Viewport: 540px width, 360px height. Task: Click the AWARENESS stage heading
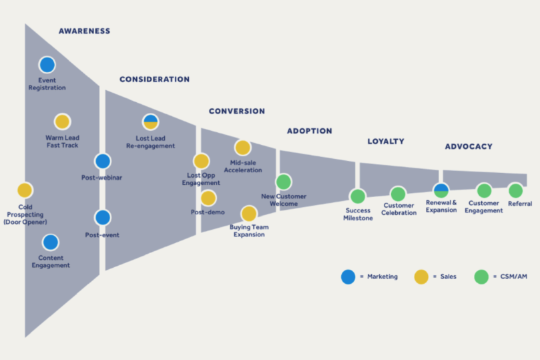point(84,31)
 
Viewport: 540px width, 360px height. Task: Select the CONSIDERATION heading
point(154,79)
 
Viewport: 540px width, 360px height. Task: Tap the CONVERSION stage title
point(236,111)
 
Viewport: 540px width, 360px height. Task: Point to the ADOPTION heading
point(309,131)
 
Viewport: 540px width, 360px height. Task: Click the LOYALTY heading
point(386,142)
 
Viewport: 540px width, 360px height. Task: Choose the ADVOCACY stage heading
point(469,146)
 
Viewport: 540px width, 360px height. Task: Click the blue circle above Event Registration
point(47,65)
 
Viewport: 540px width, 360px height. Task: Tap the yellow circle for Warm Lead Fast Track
point(62,122)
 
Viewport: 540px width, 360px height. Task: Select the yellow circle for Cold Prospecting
point(25,190)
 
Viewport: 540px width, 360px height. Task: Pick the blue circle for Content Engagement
point(51,242)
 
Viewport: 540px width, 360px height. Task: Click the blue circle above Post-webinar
point(103,161)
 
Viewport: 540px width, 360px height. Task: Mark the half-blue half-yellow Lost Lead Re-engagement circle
point(151,122)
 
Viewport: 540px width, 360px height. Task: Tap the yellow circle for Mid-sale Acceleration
point(242,148)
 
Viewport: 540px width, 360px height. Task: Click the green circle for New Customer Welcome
point(284,182)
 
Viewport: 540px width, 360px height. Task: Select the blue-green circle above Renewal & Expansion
point(441,190)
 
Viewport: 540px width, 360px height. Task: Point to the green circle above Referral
point(516,190)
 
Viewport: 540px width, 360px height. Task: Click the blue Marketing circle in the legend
point(348,277)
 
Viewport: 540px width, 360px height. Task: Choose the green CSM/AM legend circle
point(481,277)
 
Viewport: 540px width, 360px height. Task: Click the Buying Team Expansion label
point(249,230)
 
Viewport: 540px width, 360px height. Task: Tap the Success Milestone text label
point(358,214)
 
